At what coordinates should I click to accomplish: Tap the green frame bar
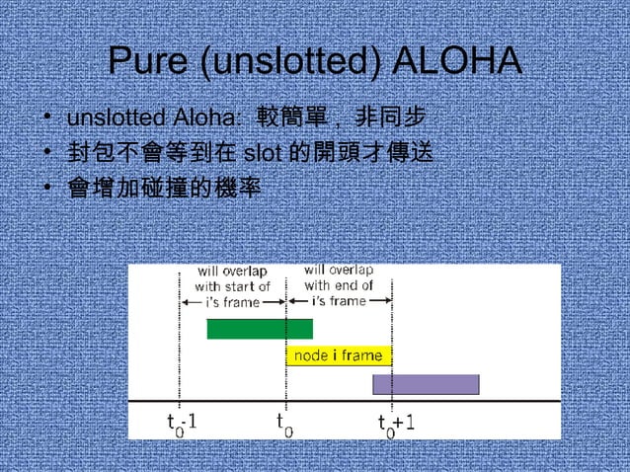point(259,329)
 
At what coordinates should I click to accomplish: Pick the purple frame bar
point(425,384)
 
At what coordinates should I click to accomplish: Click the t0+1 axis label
point(396,423)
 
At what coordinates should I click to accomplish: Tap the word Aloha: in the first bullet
point(206,119)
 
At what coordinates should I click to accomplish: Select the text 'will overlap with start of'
point(232,279)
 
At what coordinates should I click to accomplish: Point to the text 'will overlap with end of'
point(338,277)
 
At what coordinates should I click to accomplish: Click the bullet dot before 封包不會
point(47,153)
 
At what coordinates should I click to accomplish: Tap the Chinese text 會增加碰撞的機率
point(164,187)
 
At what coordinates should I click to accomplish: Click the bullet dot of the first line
point(47,119)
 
